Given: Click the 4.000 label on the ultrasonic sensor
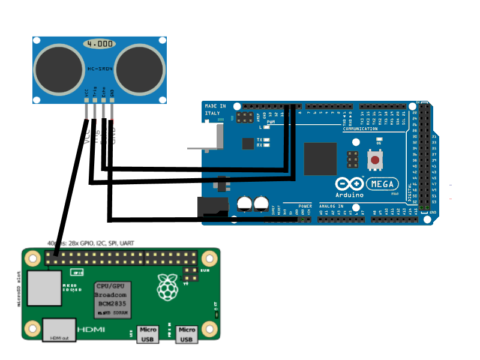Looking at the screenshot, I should pos(99,44).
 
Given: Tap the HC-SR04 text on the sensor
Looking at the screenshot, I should pos(100,69).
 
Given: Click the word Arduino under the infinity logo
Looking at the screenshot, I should pos(349,195).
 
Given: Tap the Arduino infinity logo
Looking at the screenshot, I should pos(349,184).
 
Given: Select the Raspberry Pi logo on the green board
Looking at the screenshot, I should pos(167,287).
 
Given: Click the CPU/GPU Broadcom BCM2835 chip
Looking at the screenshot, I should pos(112,299).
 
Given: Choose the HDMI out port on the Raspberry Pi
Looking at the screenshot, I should pos(59,330).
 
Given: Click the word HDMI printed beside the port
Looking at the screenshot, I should pos(92,330).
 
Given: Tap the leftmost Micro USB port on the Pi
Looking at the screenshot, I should pos(148,334).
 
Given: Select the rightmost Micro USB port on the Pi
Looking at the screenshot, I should pos(187,334).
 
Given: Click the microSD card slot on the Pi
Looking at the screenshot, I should pos(44,287).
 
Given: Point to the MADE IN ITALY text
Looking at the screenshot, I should pos(215,109).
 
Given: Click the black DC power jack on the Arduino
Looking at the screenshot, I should pos(213,208).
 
